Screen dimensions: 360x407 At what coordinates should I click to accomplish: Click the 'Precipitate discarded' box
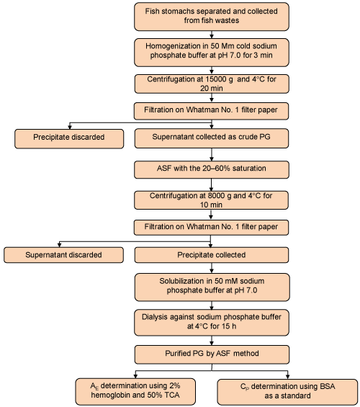click(69, 139)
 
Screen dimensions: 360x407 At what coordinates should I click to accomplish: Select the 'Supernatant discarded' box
click(63, 255)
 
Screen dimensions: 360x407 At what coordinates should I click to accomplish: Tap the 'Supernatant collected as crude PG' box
click(212, 138)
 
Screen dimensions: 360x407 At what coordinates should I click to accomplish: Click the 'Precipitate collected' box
click(212, 255)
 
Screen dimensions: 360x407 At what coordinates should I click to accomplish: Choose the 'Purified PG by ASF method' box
click(212, 354)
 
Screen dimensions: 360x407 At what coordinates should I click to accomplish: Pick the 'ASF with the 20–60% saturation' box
click(212, 170)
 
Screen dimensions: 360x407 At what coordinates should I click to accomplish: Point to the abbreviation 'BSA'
click(328, 387)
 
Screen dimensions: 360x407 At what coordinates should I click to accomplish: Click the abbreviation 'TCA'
click(171, 395)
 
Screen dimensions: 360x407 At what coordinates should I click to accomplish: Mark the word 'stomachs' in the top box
click(176, 12)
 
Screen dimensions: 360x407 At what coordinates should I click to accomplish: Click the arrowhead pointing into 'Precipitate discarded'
click(70, 127)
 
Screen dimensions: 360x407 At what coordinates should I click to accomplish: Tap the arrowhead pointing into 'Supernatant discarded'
click(59, 245)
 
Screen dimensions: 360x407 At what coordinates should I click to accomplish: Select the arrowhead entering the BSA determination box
click(287, 377)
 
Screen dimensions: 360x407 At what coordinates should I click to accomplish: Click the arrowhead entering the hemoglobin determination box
click(135, 376)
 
